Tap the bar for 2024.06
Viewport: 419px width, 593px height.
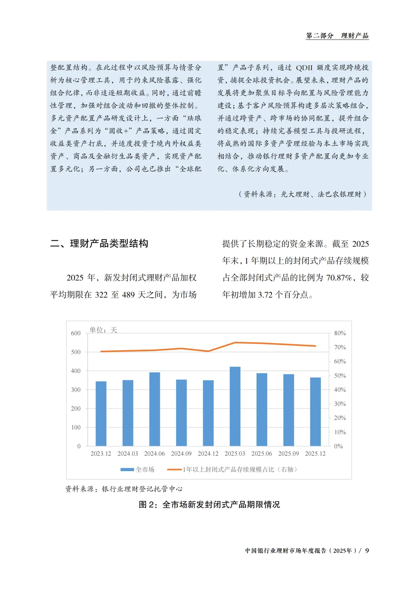click(x=154, y=409)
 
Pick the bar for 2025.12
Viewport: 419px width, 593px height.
click(x=315, y=412)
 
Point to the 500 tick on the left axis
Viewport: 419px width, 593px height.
click(x=76, y=352)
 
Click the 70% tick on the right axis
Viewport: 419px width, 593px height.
click(x=340, y=347)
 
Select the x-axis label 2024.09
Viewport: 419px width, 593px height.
click(x=181, y=454)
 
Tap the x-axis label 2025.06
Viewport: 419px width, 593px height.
click(x=261, y=454)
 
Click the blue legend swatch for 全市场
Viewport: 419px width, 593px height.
click(x=127, y=470)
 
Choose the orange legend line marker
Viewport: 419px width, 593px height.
click(x=174, y=470)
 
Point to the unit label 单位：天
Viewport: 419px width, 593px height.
click(x=103, y=330)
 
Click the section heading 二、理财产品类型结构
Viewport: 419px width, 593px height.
click(x=99, y=244)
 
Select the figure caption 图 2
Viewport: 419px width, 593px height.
click(x=209, y=505)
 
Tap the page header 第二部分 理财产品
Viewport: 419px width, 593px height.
click(x=337, y=36)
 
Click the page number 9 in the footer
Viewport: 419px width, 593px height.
click(x=367, y=551)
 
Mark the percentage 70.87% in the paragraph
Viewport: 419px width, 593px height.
click(x=339, y=278)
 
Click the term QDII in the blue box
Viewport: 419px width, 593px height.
click(x=304, y=68)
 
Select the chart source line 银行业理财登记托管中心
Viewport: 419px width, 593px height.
click(x=142, y=489)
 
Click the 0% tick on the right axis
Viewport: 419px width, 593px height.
click(x=338, y=446)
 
